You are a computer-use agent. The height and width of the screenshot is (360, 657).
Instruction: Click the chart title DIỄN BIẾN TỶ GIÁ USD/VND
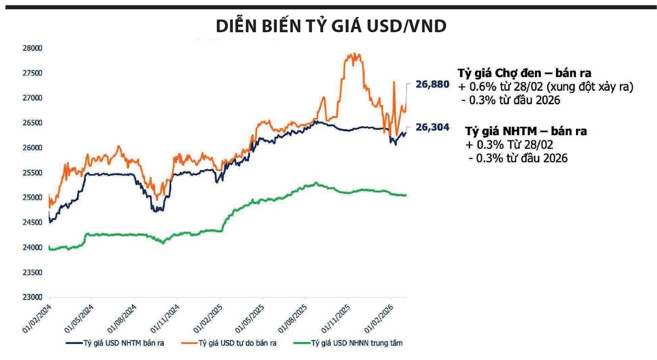point(331,26)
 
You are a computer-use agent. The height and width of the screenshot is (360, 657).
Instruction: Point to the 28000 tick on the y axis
point(31,48)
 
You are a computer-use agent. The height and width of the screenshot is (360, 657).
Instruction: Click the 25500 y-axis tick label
point(31,173)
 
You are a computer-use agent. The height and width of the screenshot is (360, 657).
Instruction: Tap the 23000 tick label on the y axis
point(31,298)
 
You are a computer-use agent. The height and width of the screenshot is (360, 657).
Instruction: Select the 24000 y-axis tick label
point(31,248)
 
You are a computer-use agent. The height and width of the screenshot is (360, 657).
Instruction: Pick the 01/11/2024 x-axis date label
point(165,317)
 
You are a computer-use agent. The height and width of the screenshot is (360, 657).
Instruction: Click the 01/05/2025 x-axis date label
point(251,317)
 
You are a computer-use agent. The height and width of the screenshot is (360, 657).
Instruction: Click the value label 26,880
point(432,84)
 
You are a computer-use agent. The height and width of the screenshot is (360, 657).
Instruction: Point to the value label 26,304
point(432,127)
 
